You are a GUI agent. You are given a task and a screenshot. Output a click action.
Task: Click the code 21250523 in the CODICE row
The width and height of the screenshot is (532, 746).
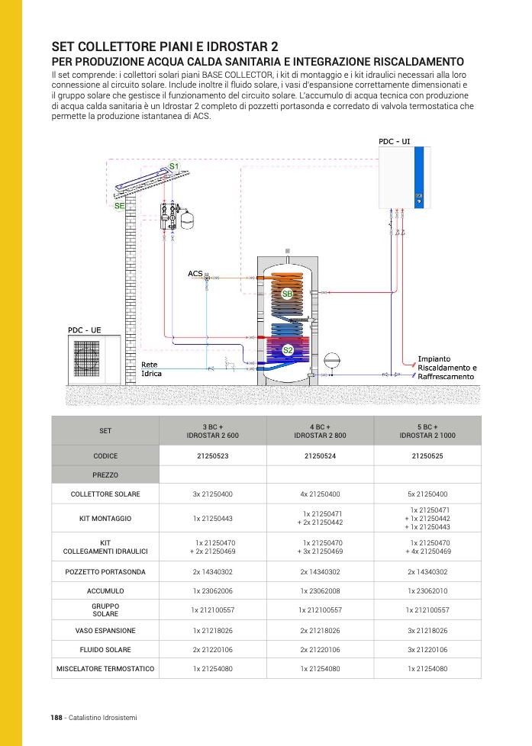[213, 455]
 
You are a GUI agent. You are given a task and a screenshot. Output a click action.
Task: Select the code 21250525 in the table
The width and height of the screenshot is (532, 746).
[427, 455]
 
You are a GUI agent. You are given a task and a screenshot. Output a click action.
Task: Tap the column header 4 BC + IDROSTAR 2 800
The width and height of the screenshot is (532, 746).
[320, 430]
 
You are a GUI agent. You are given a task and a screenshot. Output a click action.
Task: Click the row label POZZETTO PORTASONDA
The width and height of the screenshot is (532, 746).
[105, 571]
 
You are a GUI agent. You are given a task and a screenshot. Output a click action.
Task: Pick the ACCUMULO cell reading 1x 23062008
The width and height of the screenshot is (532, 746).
[320, 591]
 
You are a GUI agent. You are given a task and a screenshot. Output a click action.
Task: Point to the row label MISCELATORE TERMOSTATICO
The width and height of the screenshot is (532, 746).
[105, 669]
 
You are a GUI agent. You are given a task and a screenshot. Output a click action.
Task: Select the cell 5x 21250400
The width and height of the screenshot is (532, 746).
[427, 494]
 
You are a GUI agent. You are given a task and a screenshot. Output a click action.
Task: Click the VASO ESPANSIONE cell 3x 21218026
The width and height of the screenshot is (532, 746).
[427, 631]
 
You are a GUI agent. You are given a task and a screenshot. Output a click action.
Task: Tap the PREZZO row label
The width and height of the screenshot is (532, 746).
[105, 475]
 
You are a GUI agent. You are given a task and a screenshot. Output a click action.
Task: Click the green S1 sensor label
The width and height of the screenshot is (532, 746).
[173, 166]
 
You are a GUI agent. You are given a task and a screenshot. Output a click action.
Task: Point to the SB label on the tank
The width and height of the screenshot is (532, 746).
[287, 294]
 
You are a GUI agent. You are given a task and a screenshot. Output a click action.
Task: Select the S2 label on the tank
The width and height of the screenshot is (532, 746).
[289, 350]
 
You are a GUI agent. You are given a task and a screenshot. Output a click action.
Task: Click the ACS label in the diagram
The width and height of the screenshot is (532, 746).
[195, 273]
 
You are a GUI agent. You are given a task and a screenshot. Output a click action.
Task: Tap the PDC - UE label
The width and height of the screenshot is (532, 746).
[84, 330]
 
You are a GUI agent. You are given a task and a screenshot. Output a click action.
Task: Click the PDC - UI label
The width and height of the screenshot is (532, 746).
[395, 142]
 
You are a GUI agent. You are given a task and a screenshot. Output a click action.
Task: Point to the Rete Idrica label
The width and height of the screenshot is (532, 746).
[151, 369]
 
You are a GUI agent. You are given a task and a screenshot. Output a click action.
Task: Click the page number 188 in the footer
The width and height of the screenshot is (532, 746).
[56, 718]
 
